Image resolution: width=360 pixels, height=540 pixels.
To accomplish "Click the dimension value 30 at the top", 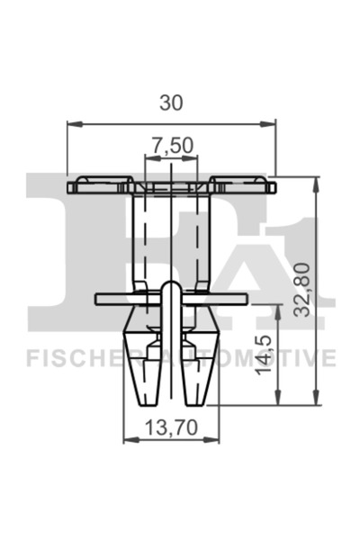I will click(x=171, y=103).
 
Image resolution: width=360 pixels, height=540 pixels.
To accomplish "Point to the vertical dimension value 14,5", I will click(x=266, y=356).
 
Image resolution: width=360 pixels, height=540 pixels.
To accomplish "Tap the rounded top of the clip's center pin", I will click(x=171, y=283).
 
